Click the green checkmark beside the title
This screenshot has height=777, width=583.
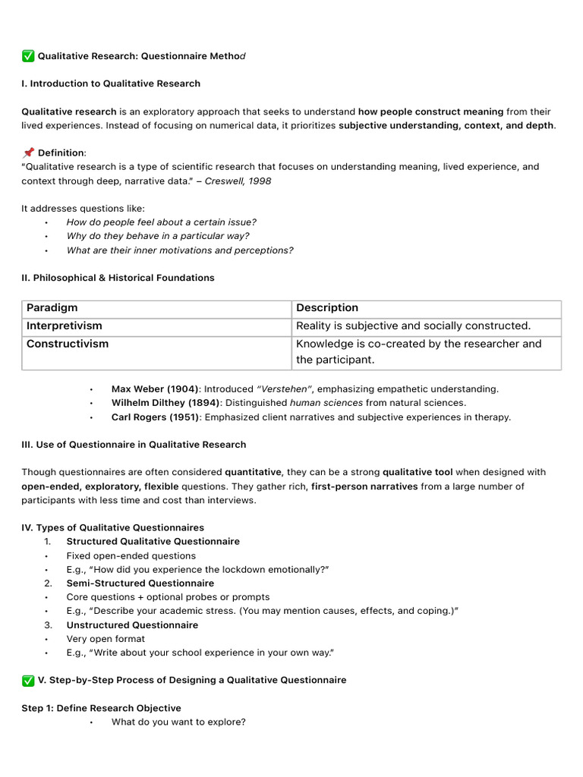28,56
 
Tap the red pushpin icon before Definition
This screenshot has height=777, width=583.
28,153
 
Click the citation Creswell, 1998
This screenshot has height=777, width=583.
238,181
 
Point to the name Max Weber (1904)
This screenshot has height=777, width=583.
155,389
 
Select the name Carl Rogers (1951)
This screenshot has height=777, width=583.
155,417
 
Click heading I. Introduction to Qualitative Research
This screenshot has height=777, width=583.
111,83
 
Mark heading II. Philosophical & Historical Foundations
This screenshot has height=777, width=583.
118,278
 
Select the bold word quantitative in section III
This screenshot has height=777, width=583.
253,472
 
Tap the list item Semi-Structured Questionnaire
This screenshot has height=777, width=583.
140,584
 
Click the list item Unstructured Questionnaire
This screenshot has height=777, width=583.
132,625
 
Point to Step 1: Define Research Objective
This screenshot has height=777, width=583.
101,708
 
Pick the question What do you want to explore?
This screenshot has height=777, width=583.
178,722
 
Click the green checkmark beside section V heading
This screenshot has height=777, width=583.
28,681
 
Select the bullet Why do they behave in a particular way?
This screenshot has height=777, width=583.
158,236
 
